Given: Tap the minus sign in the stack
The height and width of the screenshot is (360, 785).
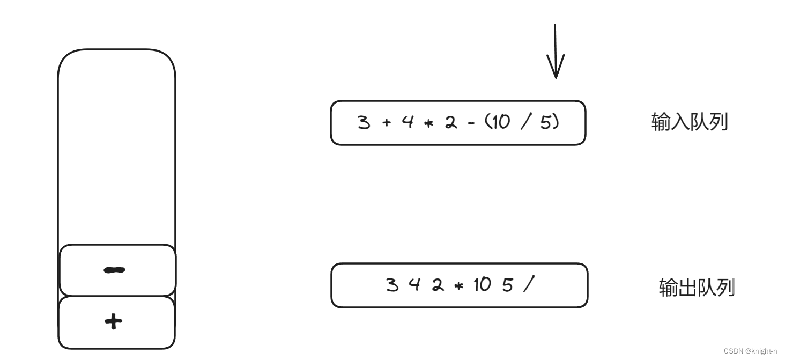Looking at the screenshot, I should coord(114,270).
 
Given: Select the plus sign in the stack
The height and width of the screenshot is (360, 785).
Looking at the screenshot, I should coord(113,322).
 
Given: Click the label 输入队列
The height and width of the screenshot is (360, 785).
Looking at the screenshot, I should coord(689,122).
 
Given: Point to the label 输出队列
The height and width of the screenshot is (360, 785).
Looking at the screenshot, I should coord(696,288).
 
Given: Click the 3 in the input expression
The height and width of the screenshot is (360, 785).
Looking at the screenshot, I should coord(364,123).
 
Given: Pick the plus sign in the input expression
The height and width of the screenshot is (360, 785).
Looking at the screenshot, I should coord(387,123).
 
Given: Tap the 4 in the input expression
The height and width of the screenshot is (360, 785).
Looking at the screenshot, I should coord(408,123).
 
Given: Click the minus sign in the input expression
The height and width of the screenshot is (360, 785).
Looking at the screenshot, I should coord(471,123).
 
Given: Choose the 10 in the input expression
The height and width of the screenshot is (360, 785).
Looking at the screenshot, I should coord(500,123).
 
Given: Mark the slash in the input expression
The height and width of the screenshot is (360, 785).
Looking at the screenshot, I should coord(525,123).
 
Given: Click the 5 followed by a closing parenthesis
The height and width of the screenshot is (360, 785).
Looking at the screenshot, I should coord(545,123).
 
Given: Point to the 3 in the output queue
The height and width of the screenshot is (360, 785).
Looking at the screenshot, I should coord(392,285).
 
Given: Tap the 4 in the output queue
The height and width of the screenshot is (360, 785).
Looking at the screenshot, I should coord(413,285).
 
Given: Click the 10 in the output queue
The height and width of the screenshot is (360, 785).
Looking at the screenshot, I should coord(482,285).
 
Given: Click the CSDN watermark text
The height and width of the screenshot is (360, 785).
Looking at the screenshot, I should coord(750,351).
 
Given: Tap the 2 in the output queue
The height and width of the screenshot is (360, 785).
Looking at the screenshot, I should coord(438,285).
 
